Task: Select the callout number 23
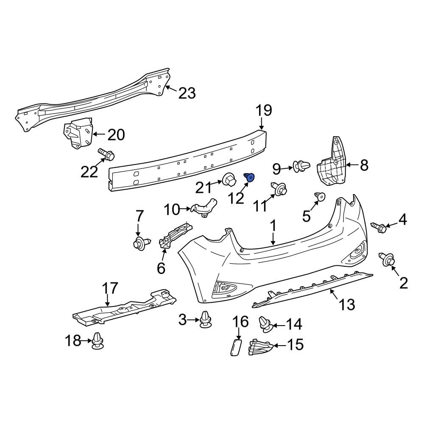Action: click(187, 93)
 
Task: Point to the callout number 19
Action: click(263, 111)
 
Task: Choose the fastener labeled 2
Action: click(388, 259)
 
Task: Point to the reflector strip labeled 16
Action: click(235, 347)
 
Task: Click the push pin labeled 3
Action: click(206, 321)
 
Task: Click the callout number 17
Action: click(110, 289)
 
